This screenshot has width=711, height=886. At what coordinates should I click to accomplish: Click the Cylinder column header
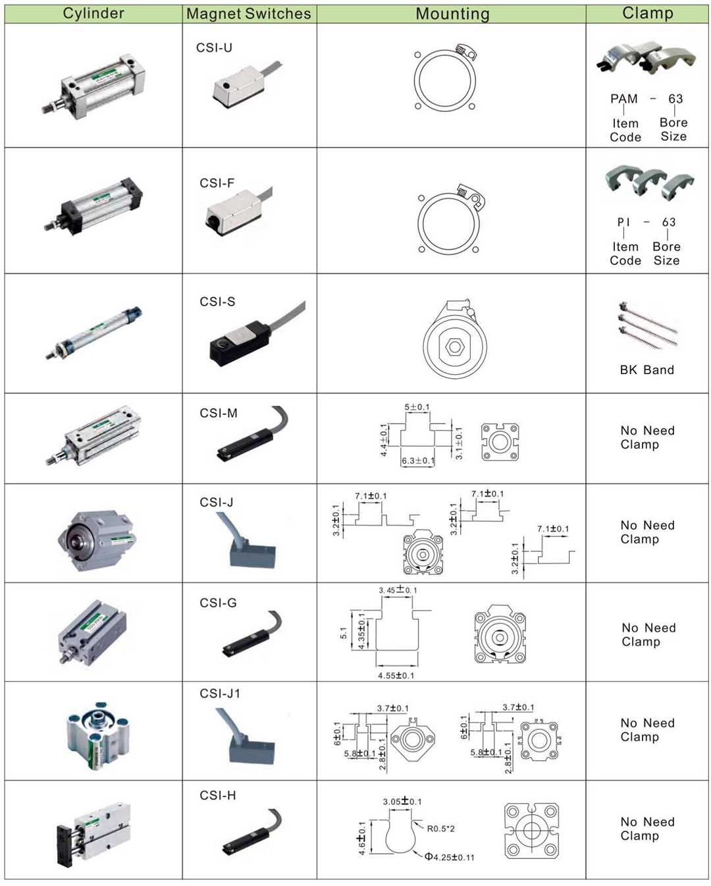[x=93, y=14]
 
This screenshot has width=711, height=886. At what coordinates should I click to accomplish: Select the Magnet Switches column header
[x=249, y=14]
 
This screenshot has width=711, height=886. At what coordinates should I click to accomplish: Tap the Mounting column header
[x=453, y=14]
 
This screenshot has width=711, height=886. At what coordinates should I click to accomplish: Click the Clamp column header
[x=648, y=13]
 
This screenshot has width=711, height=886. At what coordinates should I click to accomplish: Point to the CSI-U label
[x=214, y=47]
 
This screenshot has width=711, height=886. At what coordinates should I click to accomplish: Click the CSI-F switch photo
[x=238, y=211]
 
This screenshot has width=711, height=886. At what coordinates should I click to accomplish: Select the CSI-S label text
[x=217, y=302]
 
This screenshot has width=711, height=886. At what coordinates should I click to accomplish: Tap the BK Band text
[x=646, y=370]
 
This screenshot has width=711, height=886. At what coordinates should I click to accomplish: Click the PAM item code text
[x=624, y=99]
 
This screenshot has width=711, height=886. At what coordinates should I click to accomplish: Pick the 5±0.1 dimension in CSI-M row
[x=417, y=407]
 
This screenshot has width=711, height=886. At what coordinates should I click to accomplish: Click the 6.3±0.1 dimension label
[x=418, y=460]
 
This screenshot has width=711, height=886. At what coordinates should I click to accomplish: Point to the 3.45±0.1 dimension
[x=398, y=590]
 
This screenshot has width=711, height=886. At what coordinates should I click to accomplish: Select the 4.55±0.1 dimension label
[x=396, y=676]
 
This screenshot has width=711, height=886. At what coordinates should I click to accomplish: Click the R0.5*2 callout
[x=440, y=829]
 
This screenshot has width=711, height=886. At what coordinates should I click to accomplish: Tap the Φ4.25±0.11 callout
[x=449, y=857]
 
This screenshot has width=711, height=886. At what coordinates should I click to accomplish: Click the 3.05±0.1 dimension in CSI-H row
[x=402, y=801]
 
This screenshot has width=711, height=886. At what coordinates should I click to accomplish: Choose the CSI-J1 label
[x=220, y=694]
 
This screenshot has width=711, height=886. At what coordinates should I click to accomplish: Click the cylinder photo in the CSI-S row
[x=93, y=333]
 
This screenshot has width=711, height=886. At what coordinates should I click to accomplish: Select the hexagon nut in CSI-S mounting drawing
[x=455, y=346]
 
